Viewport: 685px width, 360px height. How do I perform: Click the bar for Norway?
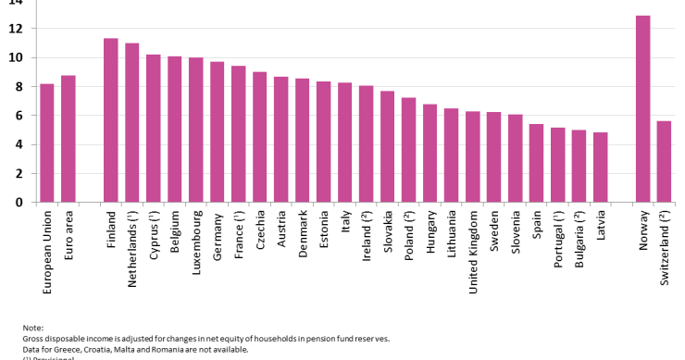pyautogui.click(x=642, y=108)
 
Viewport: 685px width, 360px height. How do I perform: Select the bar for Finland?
pyautogui.click(x=111, y=120)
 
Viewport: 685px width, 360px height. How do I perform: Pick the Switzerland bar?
pyautogui.click(x=664, y=161)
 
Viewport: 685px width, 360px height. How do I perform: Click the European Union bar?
pyautogui.click(x=47, y=143)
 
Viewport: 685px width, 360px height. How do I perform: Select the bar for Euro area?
pyautogui.click(x=68, y=139)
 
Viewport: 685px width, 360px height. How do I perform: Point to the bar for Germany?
pyautogui.click(x=218, y=131)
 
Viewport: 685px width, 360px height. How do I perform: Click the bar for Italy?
pyautogui.click(x=344, y=142)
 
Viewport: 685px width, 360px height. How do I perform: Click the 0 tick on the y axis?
pyautogui.click(x=18, y=202)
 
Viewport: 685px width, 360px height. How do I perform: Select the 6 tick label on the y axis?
pyautogui.click(x=18, y=116)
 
